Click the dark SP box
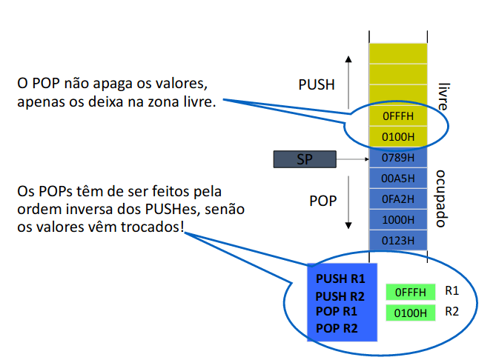click(305, 159)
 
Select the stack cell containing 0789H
click(398, 159)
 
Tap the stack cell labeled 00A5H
click(398, 179)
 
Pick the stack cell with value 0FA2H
click(398, 199)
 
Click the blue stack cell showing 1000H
click(398, 220)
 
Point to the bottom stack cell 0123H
click(398, 240)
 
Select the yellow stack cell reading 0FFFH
click(398, 117)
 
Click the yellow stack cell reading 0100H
click(398, 137)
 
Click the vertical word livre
click(443, 96)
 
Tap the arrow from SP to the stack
click(352, 159)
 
